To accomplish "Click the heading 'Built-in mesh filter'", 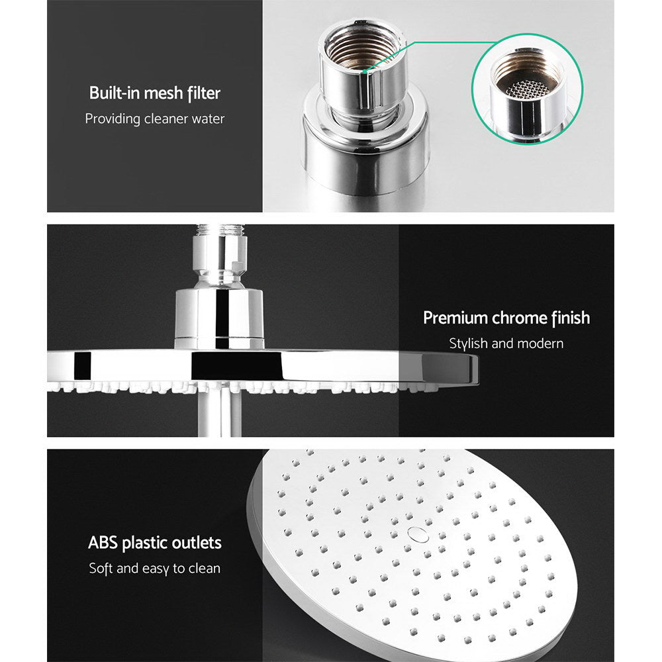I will click(154, 93).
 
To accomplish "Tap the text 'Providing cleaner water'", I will click(154, 119).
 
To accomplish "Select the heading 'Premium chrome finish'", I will click(506, 318).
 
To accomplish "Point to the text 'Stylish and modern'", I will click(506, 344).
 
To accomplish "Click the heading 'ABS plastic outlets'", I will click(154, 544).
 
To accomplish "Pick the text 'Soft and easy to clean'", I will click(154, 569).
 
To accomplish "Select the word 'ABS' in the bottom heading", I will click(103, 544).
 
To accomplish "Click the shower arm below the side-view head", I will click(219, 414).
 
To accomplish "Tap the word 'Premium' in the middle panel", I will click(455, 318).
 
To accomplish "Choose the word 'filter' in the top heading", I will click(203, 93).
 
